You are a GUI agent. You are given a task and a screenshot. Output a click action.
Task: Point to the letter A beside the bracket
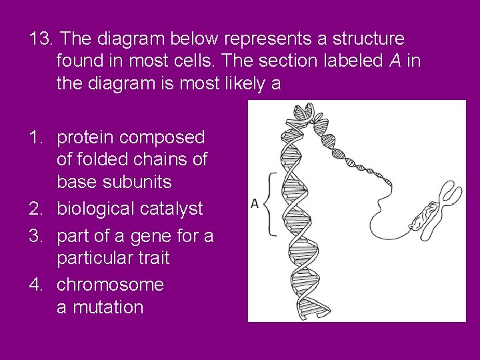tap(255, 203)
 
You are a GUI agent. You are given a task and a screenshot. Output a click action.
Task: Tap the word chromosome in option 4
tap(110, 285)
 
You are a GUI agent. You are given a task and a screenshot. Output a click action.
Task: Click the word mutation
tap(107, 307)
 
